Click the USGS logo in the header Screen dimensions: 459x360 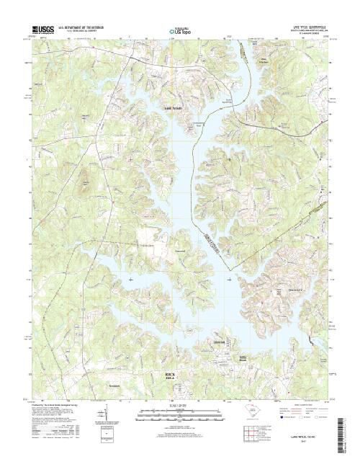[x=42, y=31]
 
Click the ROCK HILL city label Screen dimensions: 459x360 [x=169, y=375]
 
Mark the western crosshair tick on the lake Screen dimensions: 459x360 [x=130, y=279]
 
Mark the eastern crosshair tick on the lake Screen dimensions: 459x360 [x=229, y=279]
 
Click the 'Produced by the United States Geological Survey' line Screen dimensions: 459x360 [x=58, y=405]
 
